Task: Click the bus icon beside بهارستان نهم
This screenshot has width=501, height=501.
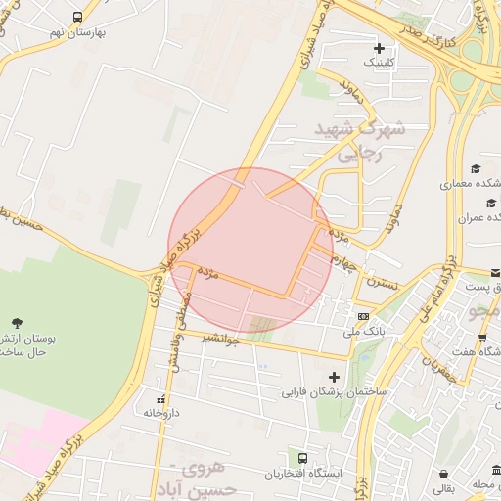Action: (77, 18)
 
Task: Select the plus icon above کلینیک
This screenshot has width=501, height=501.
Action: (379, 48)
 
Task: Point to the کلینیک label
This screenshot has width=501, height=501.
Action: (381, 62)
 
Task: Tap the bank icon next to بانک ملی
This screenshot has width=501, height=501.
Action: (363, 317)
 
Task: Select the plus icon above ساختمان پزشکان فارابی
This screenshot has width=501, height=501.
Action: (335, 377)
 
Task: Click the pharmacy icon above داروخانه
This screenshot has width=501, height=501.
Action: (161, 399)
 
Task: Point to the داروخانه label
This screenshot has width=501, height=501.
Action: (162, 413)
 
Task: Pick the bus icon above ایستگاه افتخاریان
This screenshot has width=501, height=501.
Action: (302, 458)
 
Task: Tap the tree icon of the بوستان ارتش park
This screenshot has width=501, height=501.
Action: (17, 322)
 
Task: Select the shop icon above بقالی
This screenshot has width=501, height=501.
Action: (445, 471)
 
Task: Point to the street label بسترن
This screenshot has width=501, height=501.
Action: (384, 283)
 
